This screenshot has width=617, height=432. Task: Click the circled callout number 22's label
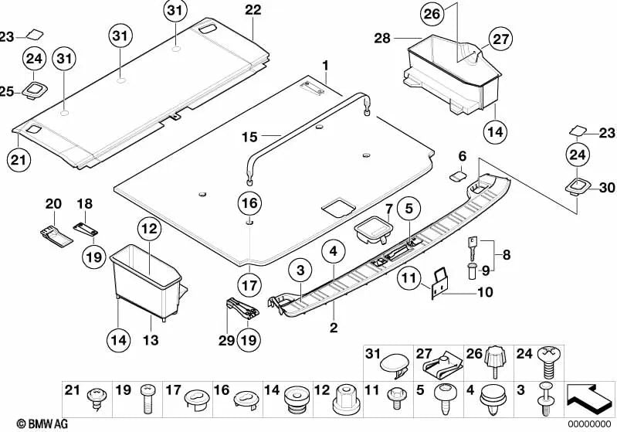pos(253,10)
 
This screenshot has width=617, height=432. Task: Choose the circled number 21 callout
pos(17,159)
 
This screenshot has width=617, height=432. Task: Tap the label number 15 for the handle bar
pos(249,137)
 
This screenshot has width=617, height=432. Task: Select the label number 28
pos(383,37)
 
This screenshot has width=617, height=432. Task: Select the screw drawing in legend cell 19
pos(148,403)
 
